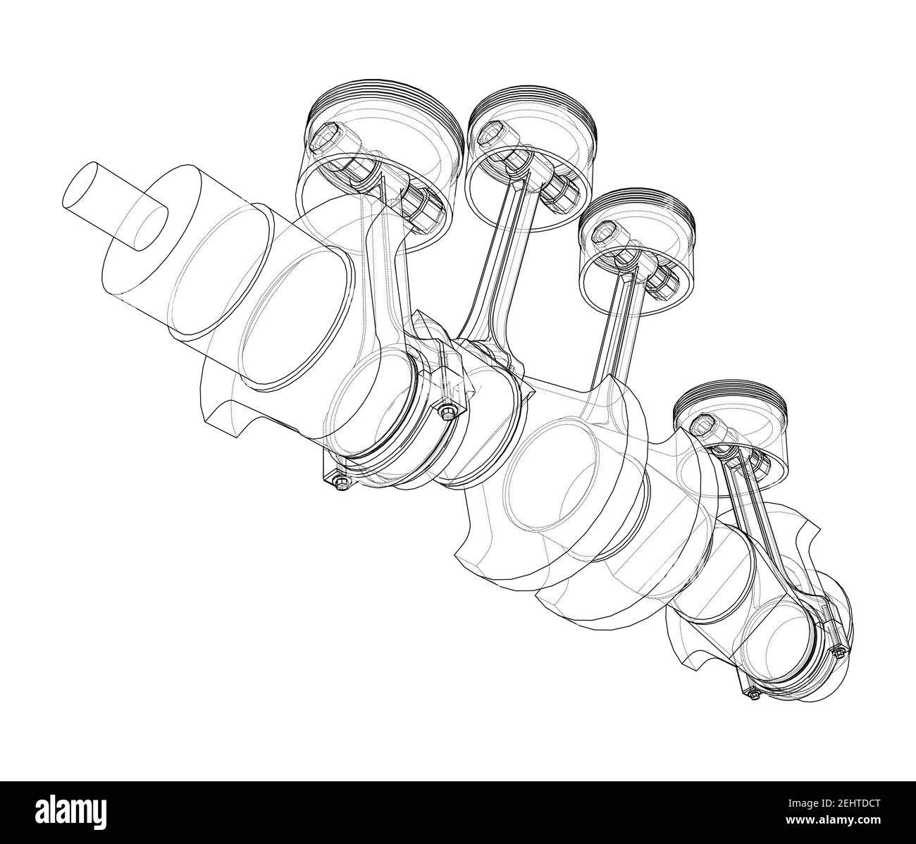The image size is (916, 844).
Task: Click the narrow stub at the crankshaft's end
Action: pyautogui.click(x=113, y=204)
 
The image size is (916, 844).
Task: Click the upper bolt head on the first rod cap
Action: pyautogui.click(x=447, y=410)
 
